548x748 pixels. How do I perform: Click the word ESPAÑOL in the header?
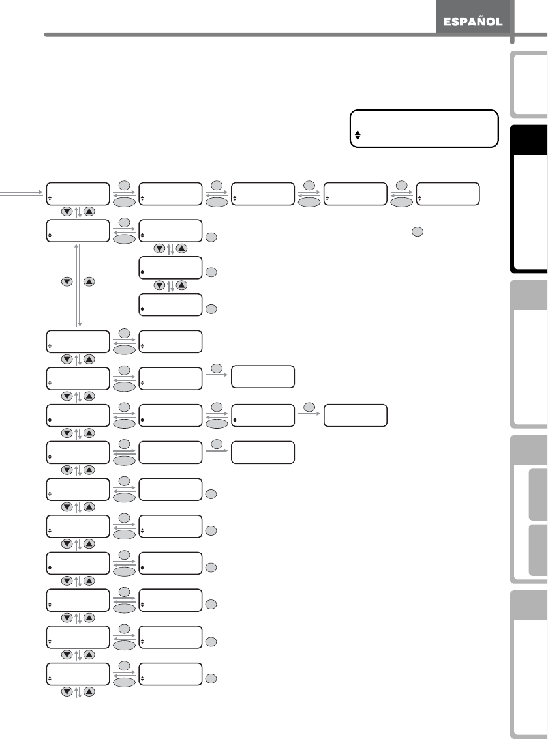click(x=474, y=22)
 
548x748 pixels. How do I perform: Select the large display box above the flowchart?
click(x=425, y=129)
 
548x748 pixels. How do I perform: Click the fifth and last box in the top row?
click(x=447, y=194)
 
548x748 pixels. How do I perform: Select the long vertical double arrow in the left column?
click(x=79, y=285)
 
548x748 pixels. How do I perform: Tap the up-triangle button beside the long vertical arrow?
click(x=90, y=282)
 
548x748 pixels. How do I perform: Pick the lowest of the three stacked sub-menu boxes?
click(x=171, y=304)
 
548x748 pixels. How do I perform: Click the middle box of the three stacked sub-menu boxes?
click(x=171, y=267)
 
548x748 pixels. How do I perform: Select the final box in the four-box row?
click(x=355, y=416)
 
